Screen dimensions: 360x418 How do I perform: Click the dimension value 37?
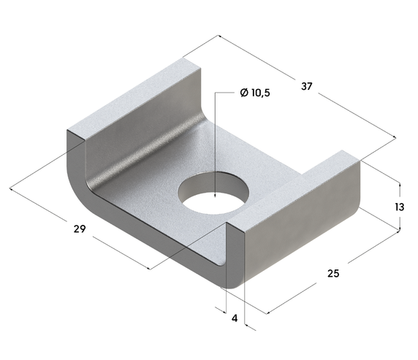[306, 86]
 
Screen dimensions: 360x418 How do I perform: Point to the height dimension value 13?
[399, 207]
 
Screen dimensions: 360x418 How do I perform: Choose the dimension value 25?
[333, 274]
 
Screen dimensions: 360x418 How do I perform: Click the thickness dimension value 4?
[235, 318]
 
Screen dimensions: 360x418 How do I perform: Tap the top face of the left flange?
[132, 99]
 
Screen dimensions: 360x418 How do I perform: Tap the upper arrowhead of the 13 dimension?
[399, 183]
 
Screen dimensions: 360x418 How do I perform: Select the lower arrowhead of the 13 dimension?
[399, 230]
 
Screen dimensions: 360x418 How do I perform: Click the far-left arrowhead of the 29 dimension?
[12, 190]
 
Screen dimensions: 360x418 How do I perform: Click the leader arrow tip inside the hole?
[214, 198]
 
